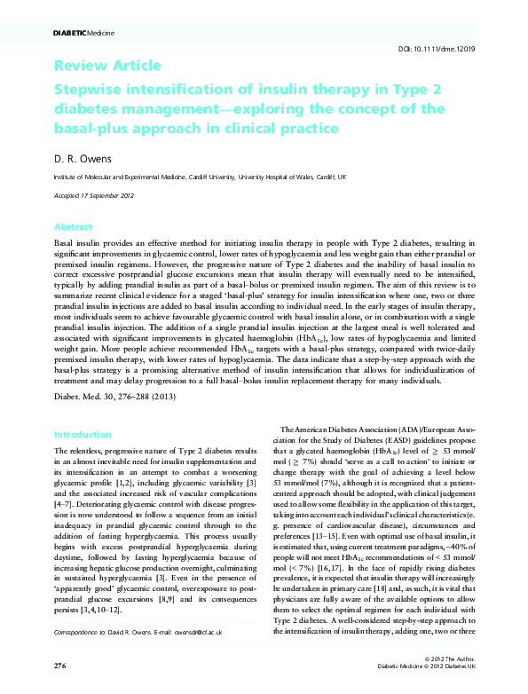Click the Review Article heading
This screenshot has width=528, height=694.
click(x=107, y=66)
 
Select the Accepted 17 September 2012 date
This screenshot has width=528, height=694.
click(x=95, y=193)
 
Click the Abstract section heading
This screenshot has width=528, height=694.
click(x=73, y=227)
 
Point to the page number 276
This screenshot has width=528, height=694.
click(x=60, y=664)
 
